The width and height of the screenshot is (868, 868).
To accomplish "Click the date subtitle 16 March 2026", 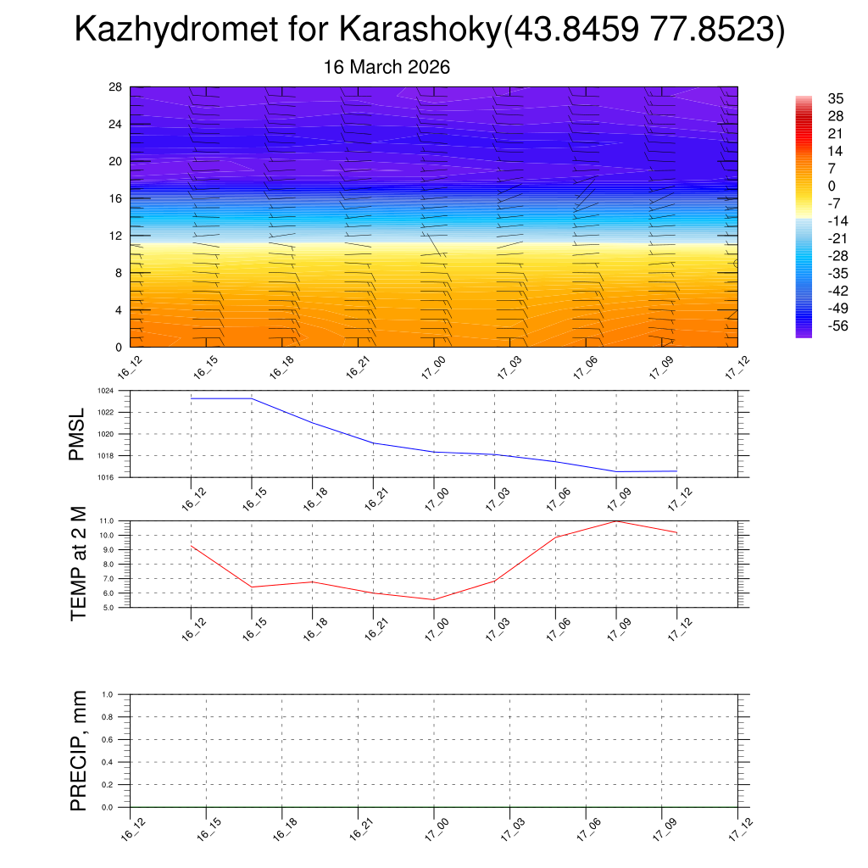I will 387,67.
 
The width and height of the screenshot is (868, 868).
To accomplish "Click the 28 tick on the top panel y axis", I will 116,87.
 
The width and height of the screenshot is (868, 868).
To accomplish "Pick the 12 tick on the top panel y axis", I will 116,236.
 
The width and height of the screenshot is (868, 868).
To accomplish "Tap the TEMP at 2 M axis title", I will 79,563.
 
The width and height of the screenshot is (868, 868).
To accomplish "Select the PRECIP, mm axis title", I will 79,750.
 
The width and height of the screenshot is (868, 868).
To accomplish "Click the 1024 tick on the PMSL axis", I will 105,391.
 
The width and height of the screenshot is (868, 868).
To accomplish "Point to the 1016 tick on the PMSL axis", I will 105,477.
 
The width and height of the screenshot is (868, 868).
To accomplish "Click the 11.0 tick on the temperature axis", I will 107,520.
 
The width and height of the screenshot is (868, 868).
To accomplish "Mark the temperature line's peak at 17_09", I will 616,521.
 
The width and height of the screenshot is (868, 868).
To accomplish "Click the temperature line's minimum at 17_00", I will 434,600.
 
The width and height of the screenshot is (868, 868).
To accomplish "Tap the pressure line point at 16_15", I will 252,398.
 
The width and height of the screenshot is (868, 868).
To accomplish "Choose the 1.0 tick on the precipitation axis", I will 107,694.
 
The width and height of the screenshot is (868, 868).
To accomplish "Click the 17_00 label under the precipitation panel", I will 433,825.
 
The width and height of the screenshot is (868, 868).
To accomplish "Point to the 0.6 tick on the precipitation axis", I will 107,739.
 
